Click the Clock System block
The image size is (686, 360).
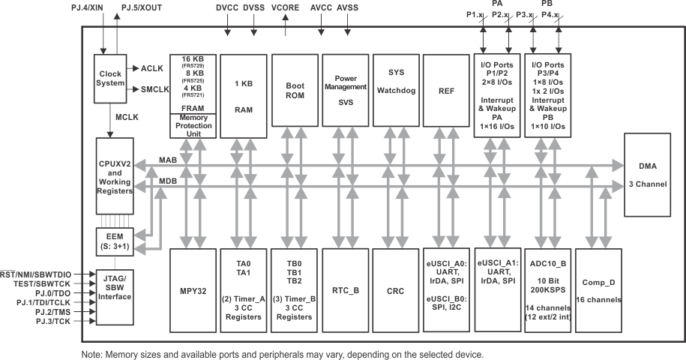110,79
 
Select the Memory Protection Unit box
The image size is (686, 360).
193,124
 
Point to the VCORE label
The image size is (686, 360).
286,9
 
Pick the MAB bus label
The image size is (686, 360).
168,160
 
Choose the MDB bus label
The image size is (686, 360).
168,181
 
